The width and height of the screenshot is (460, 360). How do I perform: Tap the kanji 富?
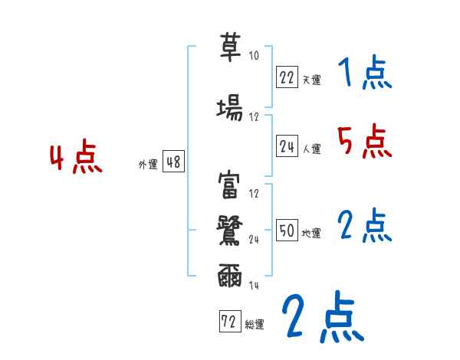[230, 185]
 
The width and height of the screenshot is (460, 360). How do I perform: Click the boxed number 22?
[287, 77]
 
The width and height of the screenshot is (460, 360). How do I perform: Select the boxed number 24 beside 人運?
[287, 146]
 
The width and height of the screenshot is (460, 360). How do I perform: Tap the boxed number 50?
[287, 231]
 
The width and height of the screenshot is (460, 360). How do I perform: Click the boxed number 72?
[227, 322]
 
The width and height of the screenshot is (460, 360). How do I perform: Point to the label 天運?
[311, 80]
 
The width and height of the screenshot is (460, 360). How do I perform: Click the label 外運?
[147, 165]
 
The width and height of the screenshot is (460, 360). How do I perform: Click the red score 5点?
[363, 142]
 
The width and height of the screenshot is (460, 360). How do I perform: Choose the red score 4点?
[75, 159]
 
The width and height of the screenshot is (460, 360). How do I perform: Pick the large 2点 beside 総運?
[322, 318]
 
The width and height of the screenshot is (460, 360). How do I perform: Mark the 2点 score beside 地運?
[363, 226]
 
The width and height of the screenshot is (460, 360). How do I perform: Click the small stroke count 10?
[255, 56]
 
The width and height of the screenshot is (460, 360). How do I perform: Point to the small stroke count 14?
[255, 285]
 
